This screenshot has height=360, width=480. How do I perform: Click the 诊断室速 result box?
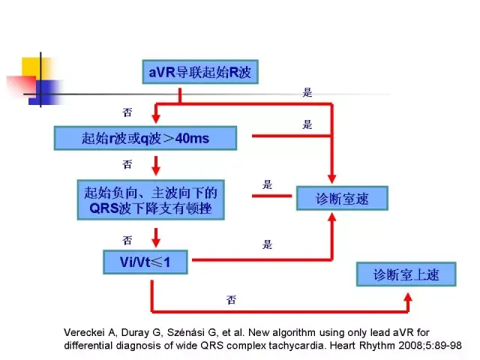343,198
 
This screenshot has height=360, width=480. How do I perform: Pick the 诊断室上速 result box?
406,274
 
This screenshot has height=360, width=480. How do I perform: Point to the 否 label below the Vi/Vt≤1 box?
231,299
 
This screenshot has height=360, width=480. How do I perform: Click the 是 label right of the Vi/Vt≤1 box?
268,244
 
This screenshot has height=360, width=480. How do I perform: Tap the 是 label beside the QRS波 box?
268,184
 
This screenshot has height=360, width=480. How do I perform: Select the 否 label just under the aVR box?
127,112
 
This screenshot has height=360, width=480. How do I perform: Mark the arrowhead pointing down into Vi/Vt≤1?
154,241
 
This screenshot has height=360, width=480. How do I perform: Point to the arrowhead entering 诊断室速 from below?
332,217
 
